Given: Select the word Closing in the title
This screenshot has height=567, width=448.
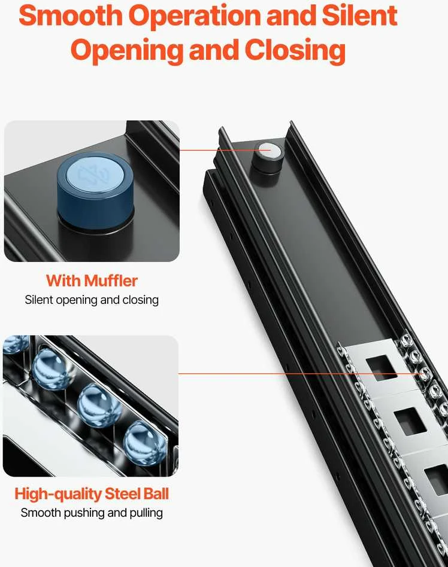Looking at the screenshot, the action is (x=295, y=50).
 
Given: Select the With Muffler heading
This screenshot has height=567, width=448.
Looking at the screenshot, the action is (x=92, y=281).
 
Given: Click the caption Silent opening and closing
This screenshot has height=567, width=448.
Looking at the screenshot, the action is (x=92, y=300).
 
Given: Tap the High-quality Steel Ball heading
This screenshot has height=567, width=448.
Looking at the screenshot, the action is (x=92, y=493).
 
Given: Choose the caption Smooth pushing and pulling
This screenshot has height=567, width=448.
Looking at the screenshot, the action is (x=92, y=513).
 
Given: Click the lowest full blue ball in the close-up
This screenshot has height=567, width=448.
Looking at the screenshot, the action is (x=145, y=443).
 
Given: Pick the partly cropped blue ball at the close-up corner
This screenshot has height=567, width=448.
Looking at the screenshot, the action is (x=15, y=343).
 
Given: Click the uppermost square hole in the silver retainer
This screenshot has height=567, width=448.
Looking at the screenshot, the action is (x=382, y=368).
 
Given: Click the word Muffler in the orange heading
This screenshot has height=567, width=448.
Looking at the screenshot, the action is (x=111, y=281).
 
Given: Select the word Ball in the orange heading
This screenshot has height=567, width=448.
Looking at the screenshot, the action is (x=156, y=493).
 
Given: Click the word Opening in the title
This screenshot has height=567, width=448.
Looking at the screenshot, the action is (x=127, y=51).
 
